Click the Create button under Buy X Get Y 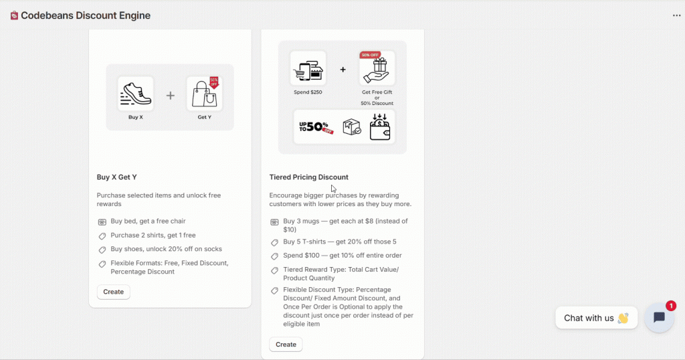point(113,292)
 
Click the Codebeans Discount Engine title point(86,15)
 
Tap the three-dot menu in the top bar point(676,15)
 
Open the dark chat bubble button point(659,318)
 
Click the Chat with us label point(589,318)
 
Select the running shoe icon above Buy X point(136,94)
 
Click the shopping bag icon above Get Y point(205,94)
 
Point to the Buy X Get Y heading point(117,177)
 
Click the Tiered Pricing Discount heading point(308,177)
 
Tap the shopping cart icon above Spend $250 point(308,68)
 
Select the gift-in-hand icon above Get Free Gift point(377,69)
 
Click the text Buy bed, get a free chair point(148,221)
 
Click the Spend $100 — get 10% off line point(342,255)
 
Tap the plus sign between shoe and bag point(170,96)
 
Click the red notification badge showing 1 point(671,305)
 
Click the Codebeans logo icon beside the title point(14,15)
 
